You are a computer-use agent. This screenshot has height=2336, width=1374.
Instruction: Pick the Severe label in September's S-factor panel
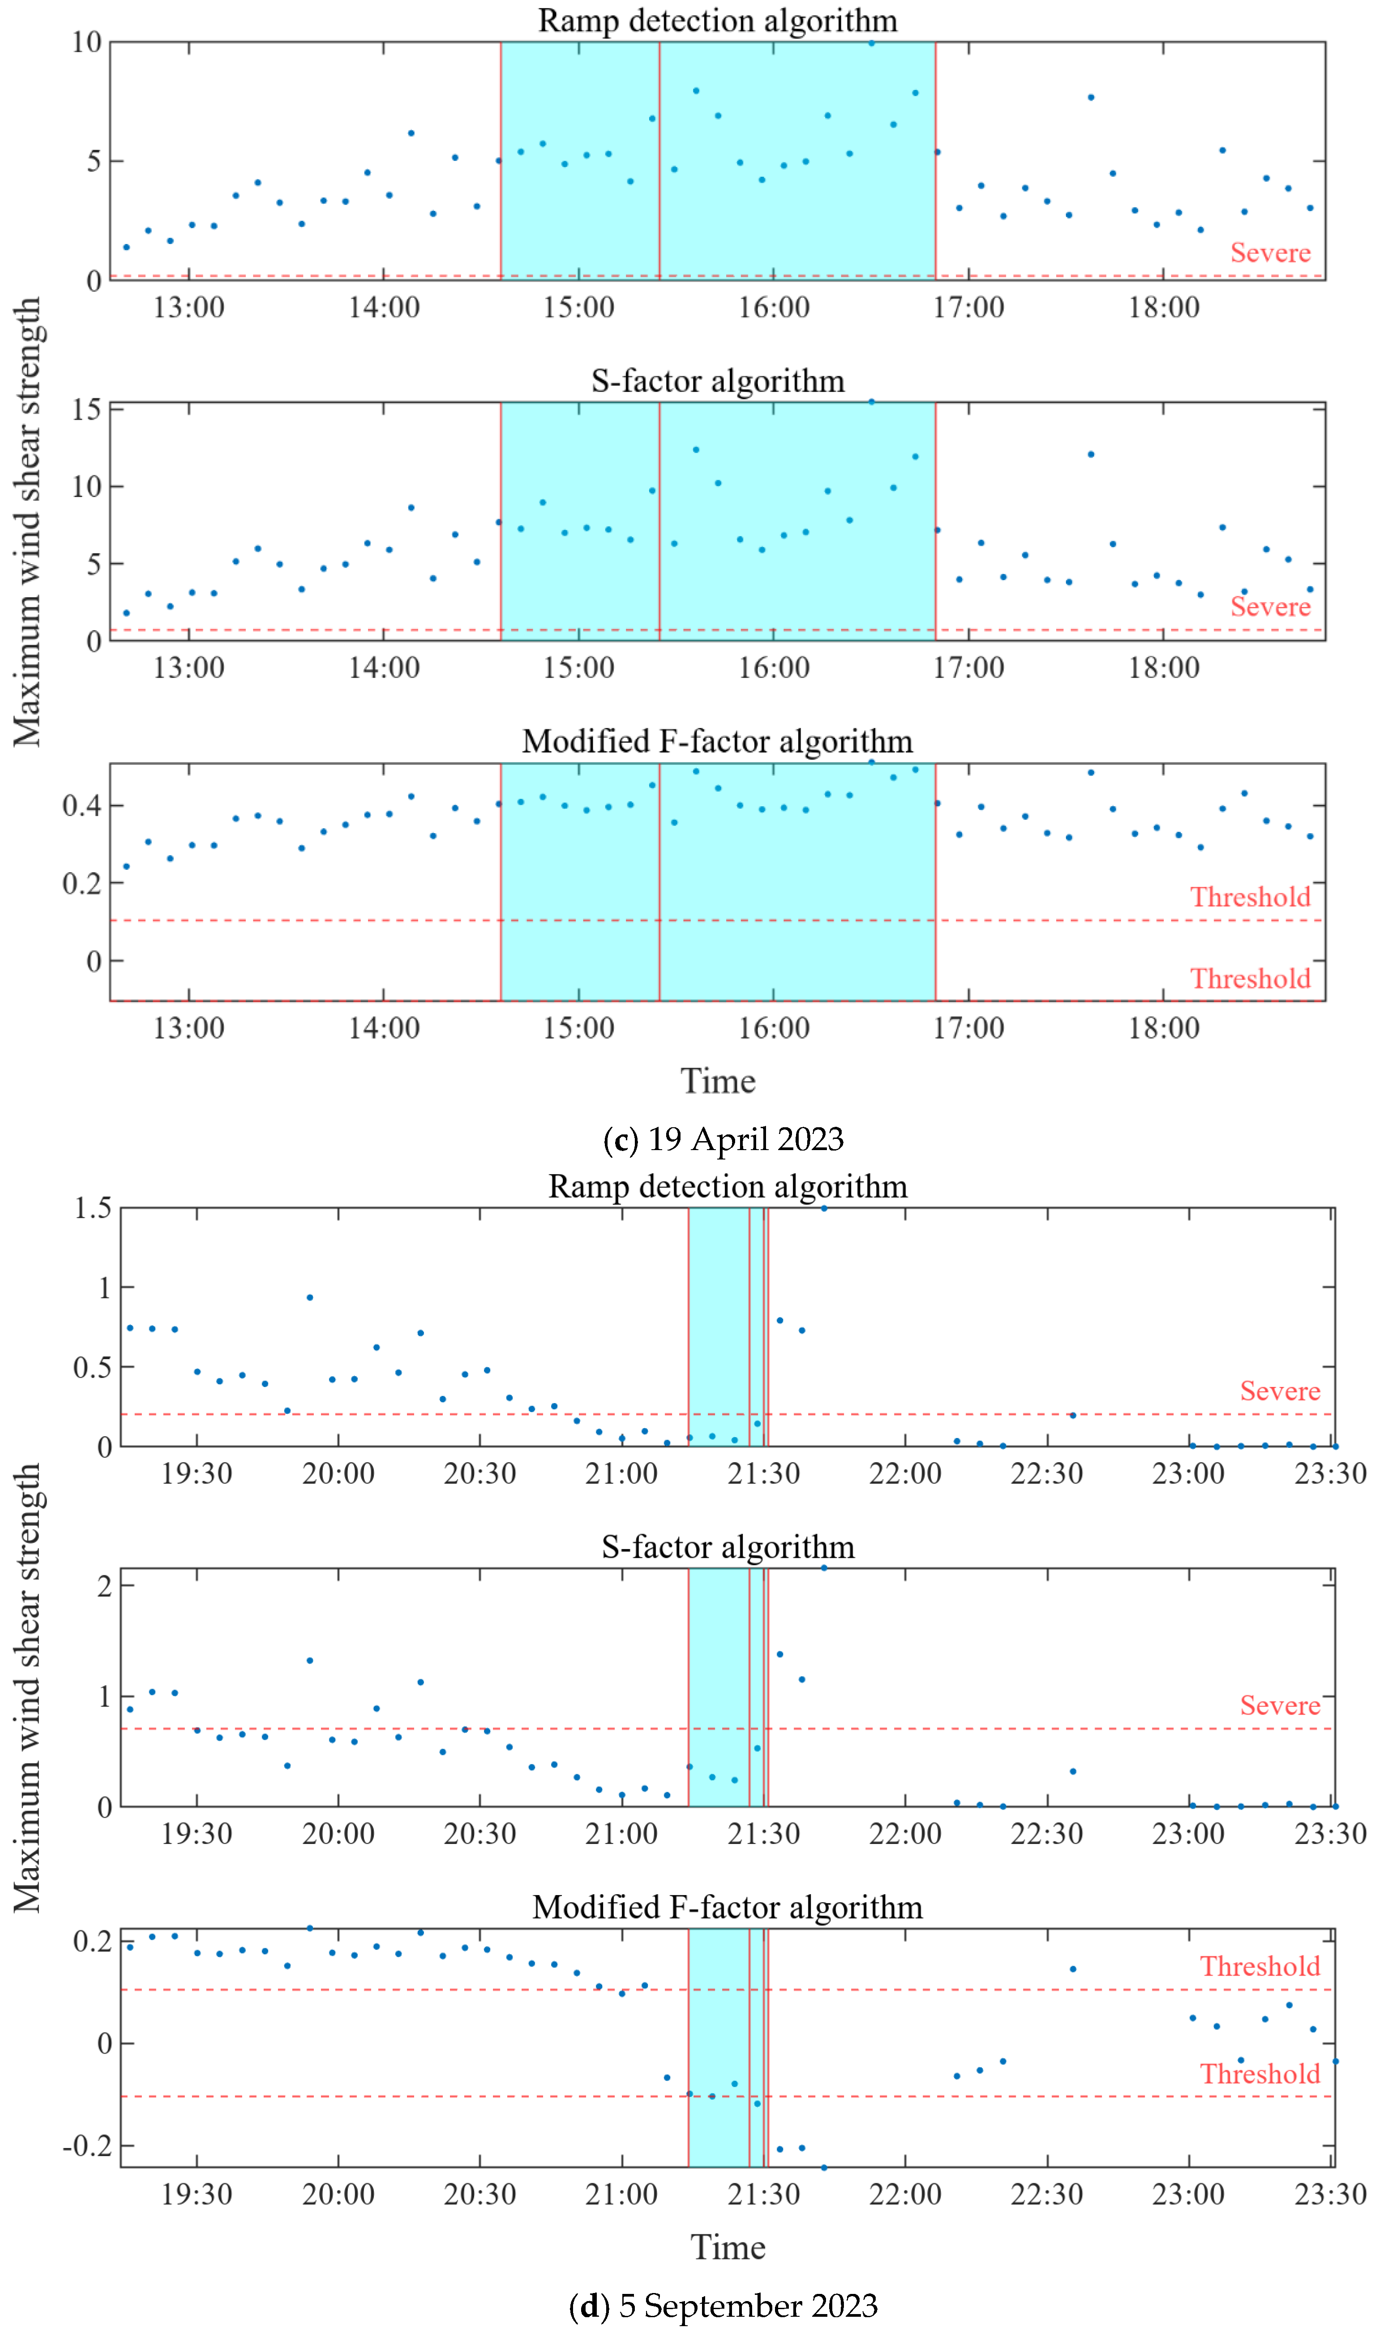pos(1280,1706)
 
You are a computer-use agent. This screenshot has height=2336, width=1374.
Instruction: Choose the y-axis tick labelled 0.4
pos(81,805)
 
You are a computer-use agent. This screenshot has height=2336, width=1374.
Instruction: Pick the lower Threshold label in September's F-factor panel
pos(1260,2075)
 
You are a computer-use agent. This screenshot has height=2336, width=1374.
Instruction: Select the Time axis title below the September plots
pos(728,2248)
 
